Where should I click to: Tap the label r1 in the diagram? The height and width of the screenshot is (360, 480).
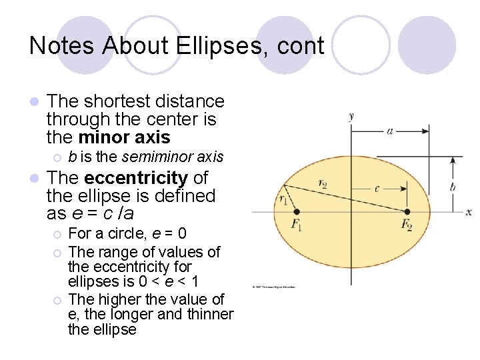[283, 198]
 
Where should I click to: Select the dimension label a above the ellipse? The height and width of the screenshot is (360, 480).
[390, 131]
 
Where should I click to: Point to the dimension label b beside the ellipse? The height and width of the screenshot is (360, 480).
[453, 187]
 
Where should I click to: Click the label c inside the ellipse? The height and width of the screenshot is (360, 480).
[377, 189]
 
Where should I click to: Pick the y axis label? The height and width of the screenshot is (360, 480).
[351, 117]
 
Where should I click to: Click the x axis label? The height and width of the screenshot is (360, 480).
[469, 212]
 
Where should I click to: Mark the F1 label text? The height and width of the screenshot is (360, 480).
[297, 225]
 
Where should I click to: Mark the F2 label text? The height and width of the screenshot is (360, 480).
[407, 225]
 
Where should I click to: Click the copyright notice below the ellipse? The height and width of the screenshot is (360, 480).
[273, 287]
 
